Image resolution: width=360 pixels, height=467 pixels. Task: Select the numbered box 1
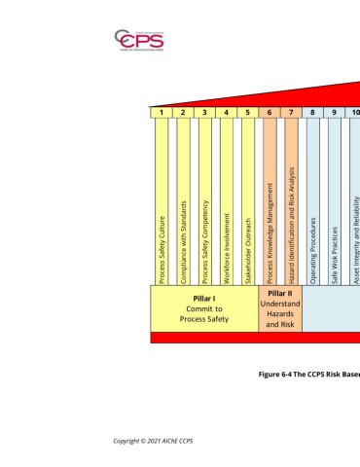(x=161, y=112)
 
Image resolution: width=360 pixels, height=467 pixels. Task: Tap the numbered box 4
(x=226, y=112)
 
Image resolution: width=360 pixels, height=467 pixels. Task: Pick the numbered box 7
(x=291, y=112)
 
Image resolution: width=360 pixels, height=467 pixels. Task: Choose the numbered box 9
(x=334, y=112)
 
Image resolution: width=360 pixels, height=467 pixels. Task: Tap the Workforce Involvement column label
(x=226, y=250)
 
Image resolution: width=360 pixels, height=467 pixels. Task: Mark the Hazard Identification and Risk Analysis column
(x=291, y=224)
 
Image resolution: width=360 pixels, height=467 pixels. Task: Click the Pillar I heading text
(x=204, y=297)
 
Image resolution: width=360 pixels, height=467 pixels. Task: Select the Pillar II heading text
(x=280, y=292)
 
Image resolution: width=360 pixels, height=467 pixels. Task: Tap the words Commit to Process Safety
(x=204, y=313)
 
